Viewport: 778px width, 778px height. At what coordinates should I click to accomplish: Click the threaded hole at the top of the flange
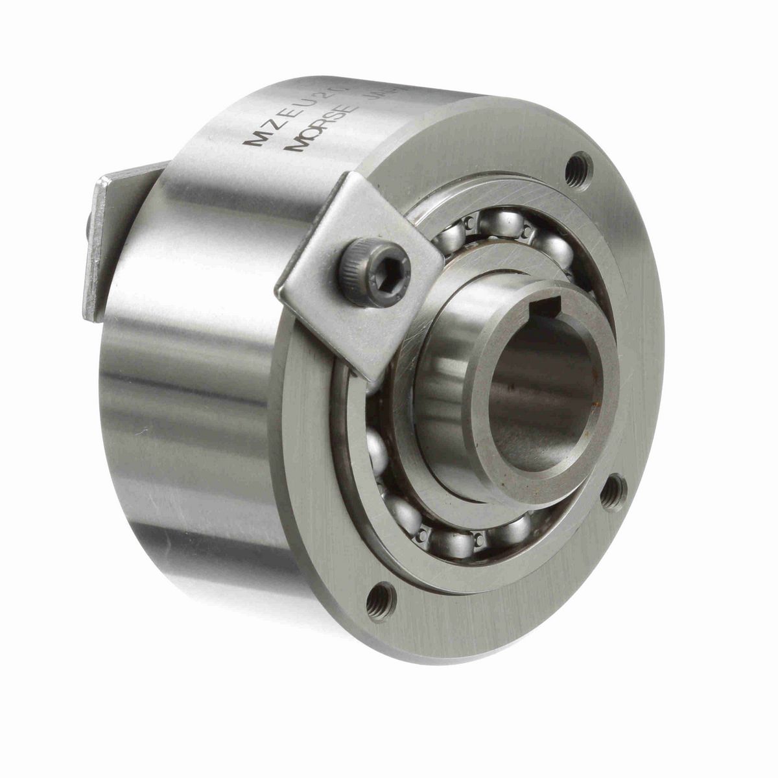tap(579, 171)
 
